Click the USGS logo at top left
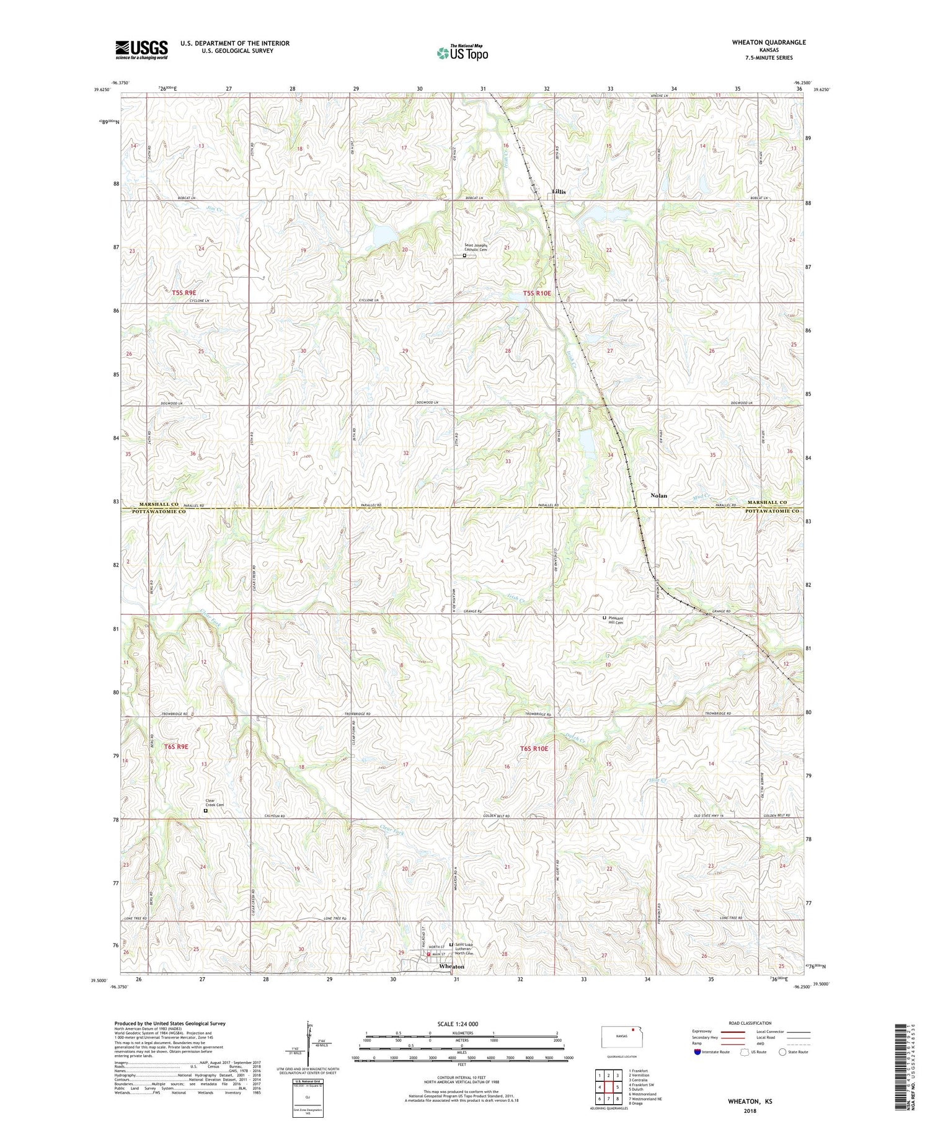click(x=141, y=50)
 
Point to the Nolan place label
click(x=658, y=496)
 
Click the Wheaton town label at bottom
click(x=451, y=967)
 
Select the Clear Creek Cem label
click(x=215, y=803)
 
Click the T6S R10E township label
click(x=534, y=749)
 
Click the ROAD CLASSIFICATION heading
click(x=751, y=1024)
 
